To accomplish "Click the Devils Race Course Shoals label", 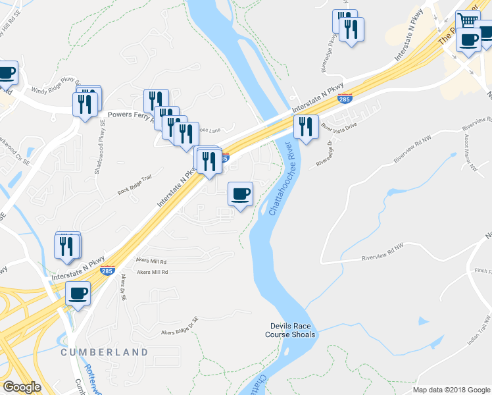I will point(293,330).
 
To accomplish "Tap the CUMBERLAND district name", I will point(105,352).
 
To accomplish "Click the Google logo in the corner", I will point(22,388).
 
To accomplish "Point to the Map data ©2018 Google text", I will point(451,390).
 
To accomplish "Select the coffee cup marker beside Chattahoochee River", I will point(240,194).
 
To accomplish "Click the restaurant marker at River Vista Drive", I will point(306,126).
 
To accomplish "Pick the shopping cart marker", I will point(467,20).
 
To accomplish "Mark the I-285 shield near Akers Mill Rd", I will point(107,270).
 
